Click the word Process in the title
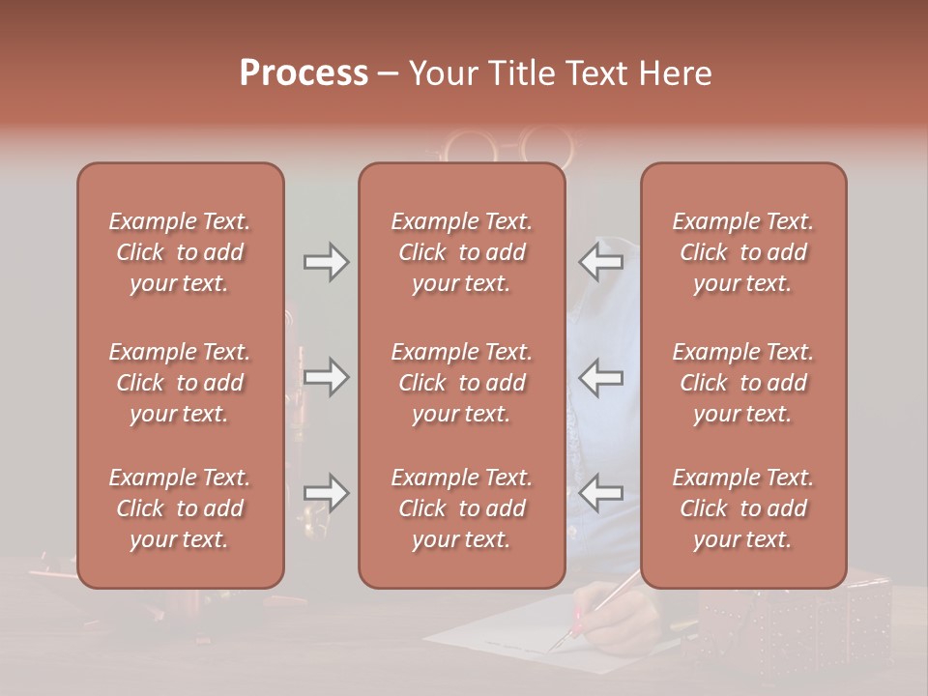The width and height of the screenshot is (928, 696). [x=304, y=73]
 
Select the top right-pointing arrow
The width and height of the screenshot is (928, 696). [x=326, y=262]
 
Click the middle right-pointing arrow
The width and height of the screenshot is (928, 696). [x=326, y=377]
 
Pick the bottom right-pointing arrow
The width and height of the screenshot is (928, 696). [x=326, y=493]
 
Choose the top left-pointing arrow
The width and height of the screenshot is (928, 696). [x=600, y=262]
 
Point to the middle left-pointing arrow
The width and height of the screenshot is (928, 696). [x=600, y=377]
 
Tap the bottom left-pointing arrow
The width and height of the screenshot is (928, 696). [x=600, y=493]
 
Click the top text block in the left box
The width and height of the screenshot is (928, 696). [x=180, y=252]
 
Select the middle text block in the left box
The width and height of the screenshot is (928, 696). [x=180, y=383]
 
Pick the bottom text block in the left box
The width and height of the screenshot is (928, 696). [x=180, y=508]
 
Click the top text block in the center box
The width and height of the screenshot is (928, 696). [x=462, y=252]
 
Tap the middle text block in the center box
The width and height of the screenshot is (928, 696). [x=462, y=383]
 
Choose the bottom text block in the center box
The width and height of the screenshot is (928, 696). [x=462, y=508]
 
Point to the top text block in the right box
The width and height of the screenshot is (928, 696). [x=743, y=252]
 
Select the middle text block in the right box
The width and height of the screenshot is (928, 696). [x=743, y=383]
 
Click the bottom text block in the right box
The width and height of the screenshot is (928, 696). [x=743, y=508]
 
